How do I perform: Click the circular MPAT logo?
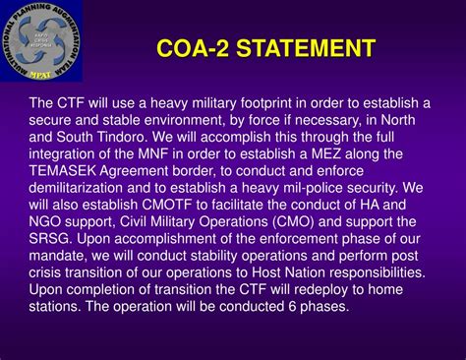coord(41,40)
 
